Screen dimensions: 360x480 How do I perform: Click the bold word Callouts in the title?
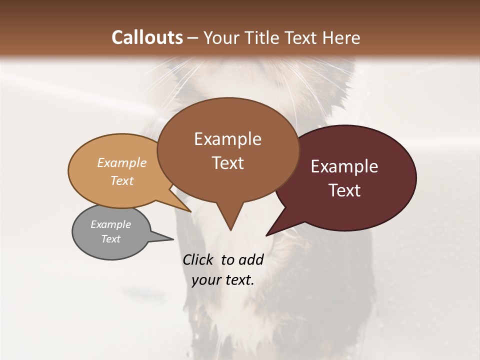(147, 37)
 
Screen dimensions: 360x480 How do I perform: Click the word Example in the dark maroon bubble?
(344, 166)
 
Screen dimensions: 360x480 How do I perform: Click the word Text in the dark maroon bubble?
(344, 190)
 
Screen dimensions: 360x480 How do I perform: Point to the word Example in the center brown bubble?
(227, 139)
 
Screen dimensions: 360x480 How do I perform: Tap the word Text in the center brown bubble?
(227, 163)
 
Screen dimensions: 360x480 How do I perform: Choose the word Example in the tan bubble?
(122, 162)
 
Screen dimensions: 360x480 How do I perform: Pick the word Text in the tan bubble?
(122, 180)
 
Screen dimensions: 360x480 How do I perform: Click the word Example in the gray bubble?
(110, 224)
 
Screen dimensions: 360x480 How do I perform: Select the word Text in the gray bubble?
(110, 239)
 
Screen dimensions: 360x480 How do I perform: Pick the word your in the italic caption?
(206, 280)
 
